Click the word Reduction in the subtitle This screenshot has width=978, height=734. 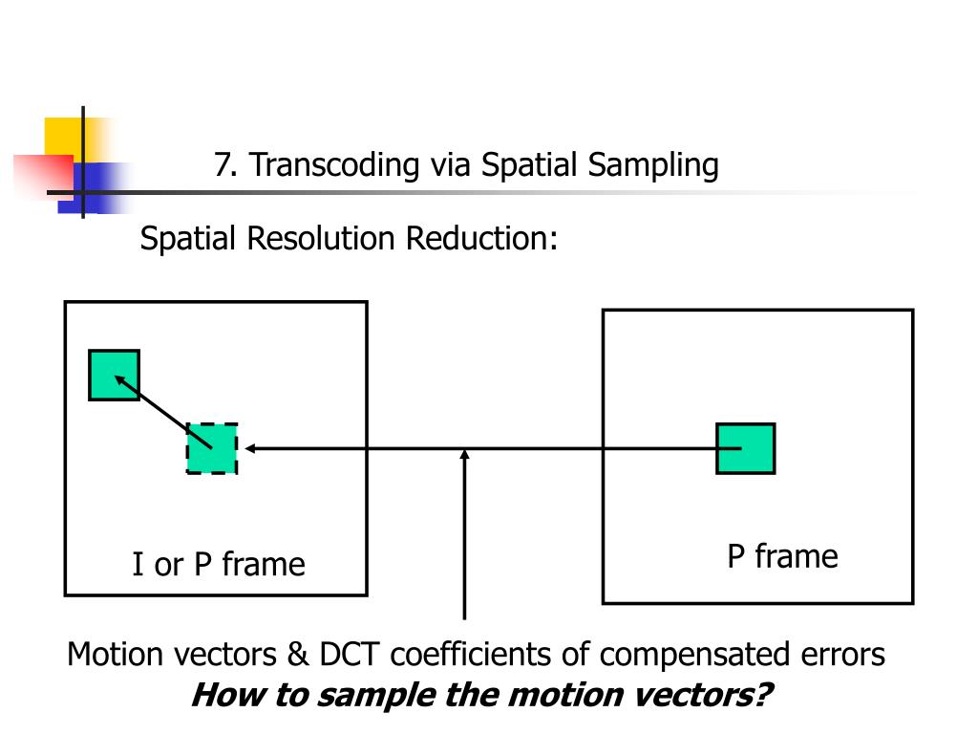click(x=481, y=238)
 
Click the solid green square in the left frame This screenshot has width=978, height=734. click(x=114, y=375)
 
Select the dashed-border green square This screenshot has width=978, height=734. click(x=212, y=448)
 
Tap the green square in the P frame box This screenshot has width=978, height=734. click(x=745, y=448)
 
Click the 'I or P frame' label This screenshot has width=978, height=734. click(x=219, y=565)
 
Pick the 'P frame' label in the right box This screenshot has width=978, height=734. click(x=782, y=556)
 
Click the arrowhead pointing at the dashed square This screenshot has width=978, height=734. click(x=250, y=448)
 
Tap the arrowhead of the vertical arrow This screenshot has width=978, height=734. click(x=465, y=459)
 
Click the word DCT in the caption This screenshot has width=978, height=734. click(x=350, y=656)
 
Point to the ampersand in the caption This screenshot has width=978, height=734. click(x=295, y=656)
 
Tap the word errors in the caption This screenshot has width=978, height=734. click(x=840, y=656)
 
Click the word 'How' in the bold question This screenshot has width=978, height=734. click(x=226, y=694)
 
